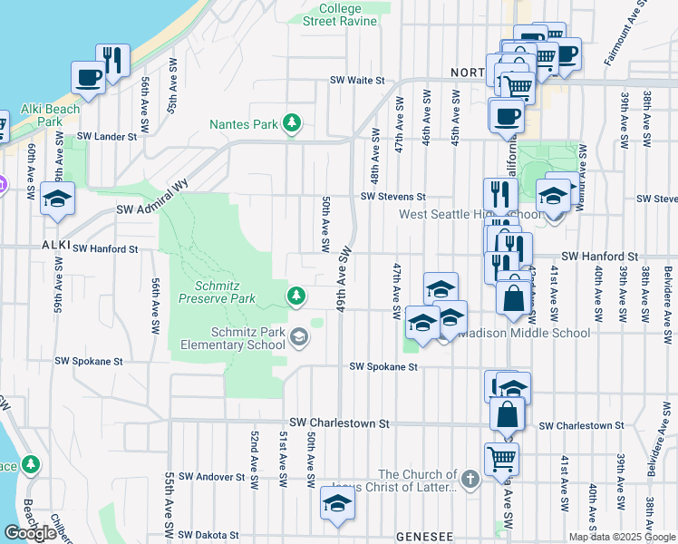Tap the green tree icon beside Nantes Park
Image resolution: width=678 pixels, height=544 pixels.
292,123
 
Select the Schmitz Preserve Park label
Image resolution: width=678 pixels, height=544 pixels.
217,290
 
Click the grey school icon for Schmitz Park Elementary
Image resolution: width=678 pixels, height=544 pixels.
298,338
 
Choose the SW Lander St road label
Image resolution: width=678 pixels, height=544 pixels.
106,136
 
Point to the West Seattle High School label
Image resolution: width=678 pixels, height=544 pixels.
471,215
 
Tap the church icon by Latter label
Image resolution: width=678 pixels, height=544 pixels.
470,478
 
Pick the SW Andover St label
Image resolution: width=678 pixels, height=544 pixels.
211,476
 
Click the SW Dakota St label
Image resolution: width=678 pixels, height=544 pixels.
209,536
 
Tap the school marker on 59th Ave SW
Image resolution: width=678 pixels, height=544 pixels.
57,199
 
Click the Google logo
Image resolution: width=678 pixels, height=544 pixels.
29,533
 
